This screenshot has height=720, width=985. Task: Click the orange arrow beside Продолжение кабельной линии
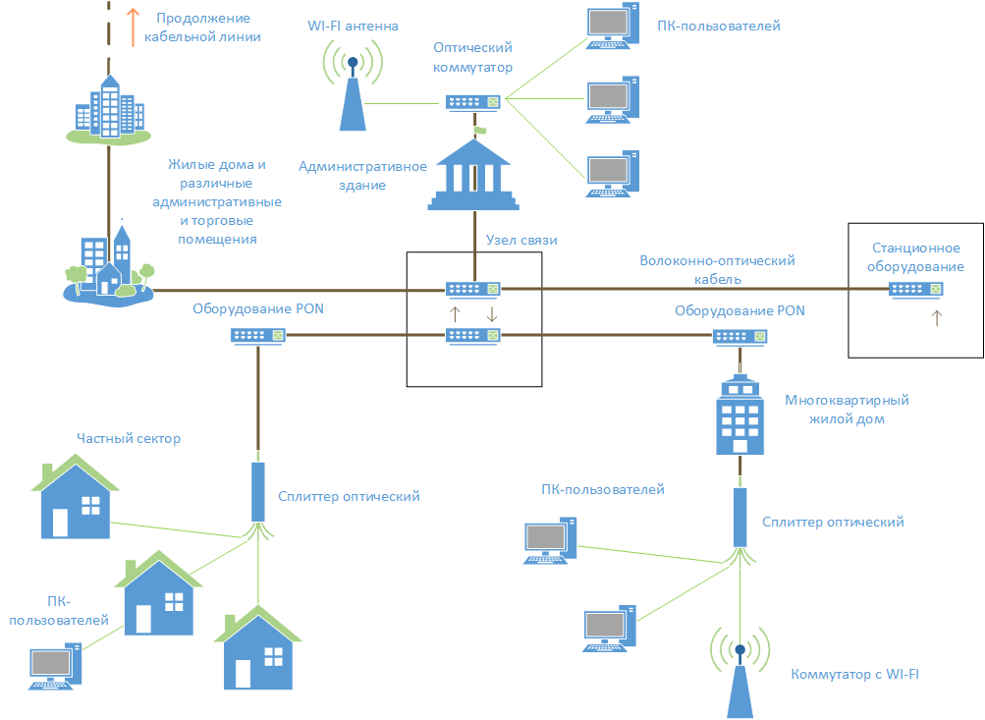(x=133, y=27)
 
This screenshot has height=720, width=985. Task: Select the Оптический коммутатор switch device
(x=473, y=101)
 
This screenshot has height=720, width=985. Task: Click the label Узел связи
(x=516, y=240)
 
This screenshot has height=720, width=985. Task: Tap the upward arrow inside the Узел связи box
(x=454, y=314)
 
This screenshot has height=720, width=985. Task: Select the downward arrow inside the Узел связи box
(x=492, y=314)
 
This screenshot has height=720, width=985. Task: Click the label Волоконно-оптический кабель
(x=717, y=269)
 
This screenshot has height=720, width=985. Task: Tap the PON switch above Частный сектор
(x=259, y=335)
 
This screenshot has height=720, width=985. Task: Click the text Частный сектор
(x=129, y=439)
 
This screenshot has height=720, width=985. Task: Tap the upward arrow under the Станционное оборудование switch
(x=935, y=317)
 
